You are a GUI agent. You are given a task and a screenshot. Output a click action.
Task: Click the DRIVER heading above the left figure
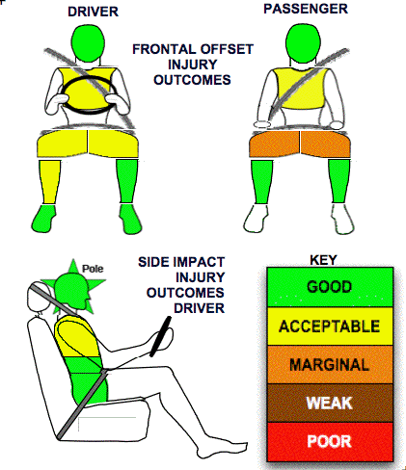click(x=93, y=12)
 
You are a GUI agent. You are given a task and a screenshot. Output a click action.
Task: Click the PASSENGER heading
click(x=306, y=9)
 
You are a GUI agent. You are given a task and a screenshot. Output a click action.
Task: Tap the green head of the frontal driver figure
click(x=88, y=42)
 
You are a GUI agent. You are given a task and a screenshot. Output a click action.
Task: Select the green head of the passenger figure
click(x=302, y=43)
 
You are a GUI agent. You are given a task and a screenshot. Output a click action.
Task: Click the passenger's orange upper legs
click(x=300, y=144)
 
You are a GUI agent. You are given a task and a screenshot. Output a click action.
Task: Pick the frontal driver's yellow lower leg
click(x=49, y=181)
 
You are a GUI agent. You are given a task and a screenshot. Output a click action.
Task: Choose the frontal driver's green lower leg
click(x=127, y=181)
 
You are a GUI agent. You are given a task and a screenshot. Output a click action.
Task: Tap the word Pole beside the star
click(x=93, y=269)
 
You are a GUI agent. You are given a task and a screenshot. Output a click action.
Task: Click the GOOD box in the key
click(x=330, y=287)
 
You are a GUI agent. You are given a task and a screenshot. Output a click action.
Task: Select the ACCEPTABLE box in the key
click(x=330, y=326)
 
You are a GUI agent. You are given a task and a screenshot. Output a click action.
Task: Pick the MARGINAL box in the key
click(x=330, y=365)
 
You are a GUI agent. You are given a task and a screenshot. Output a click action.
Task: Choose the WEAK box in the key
click(x=330, y=403)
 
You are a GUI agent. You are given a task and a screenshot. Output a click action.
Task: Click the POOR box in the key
click(x=330, y=442)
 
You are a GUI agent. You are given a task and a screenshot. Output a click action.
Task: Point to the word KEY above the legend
click(x=323, y=260)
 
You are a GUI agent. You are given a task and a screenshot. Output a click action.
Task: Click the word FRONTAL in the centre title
click(x=162, y=49)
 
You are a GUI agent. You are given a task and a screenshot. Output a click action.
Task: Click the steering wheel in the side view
click(x=160, y=336)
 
